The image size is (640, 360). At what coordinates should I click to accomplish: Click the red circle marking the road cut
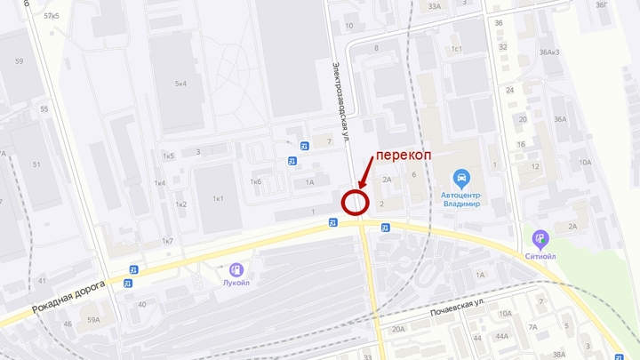[x=356, y=203]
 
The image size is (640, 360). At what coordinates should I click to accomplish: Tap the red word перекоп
[x=404, y=155]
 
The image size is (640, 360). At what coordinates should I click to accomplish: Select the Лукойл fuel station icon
[x=236, y=268]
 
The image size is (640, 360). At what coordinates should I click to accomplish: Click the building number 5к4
[x=180, y=84]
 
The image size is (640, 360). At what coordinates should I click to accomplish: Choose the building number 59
[x=20, y=61]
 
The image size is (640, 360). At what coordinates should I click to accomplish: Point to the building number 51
[x=37, y=164]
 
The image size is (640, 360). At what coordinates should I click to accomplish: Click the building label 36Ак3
[x=548, y=52]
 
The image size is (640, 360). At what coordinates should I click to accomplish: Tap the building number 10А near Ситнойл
[x=585, y=162]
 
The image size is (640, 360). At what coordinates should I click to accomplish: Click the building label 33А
[x=434, y=6]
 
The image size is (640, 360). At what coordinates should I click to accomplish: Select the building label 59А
[x=93, y=318]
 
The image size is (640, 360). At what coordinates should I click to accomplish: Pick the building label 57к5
[x=51, y=16]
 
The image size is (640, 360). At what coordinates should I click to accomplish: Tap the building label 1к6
[x=256, y=181]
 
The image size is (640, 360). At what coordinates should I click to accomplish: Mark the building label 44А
[x=502, y=336]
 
